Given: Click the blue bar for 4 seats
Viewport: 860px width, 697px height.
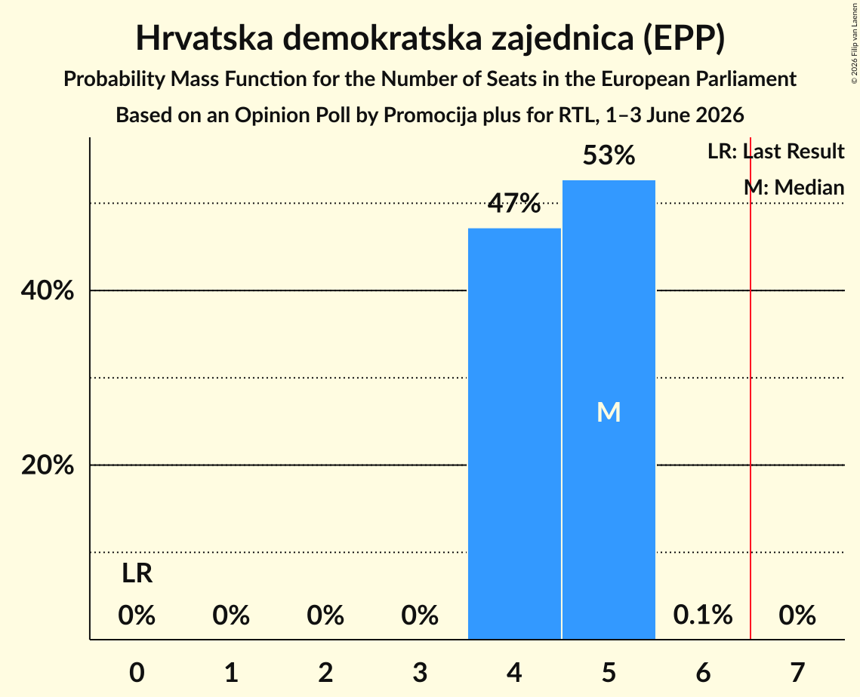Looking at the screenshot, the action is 514,434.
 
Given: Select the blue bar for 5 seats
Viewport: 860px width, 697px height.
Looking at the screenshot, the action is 609,410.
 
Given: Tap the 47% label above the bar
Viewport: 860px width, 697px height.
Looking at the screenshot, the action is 514,204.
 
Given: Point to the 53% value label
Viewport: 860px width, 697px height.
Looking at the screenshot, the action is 609,155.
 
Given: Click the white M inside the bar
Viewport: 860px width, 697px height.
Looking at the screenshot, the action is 609,412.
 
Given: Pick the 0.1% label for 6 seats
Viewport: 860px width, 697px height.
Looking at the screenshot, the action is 703,615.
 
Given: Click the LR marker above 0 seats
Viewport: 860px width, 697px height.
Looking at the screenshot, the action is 137,573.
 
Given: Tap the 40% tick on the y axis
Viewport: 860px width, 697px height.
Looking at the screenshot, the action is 47,290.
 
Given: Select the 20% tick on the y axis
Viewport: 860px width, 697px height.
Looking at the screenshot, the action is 47,465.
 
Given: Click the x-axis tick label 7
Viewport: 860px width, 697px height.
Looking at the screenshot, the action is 797,672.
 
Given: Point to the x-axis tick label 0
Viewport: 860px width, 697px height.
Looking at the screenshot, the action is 137,672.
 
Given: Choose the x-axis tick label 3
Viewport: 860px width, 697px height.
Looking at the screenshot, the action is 420,672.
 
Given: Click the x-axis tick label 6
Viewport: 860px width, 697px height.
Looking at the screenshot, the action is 703,672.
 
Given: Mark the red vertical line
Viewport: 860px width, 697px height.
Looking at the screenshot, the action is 751,388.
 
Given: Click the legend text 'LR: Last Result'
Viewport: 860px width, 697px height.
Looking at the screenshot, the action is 776,151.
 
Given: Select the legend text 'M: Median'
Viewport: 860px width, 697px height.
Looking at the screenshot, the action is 794,187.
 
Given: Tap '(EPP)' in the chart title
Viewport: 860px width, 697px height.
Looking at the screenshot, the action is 685,38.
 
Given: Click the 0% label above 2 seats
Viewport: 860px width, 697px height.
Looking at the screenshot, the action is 325,615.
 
